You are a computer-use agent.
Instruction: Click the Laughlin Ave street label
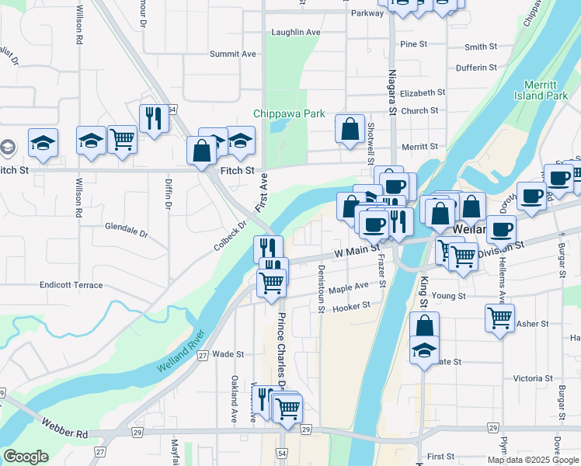coord(296,33)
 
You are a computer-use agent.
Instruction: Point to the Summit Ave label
coord(233,54)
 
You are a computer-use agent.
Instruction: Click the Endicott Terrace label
coord(71,285)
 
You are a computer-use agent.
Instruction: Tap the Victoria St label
coord(532,378)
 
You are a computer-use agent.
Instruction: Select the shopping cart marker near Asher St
coord(499,316)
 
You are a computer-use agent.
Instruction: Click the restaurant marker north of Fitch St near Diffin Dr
coord(154,118)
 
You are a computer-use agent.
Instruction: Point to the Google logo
coord(26,457)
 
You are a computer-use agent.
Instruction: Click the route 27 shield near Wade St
coord(203,356)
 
